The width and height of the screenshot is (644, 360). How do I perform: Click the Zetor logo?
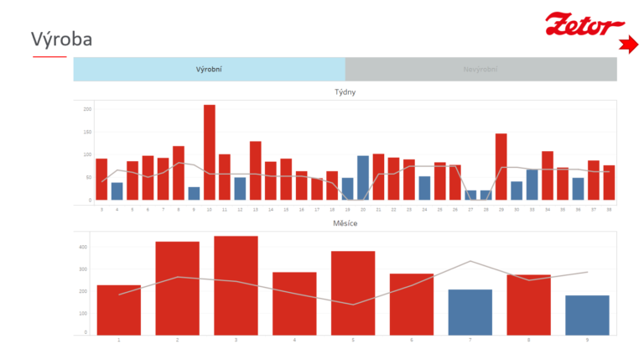(584, 24)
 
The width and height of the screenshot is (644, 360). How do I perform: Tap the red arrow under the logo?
(627, 45)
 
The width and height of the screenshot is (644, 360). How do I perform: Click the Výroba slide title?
(61, 39)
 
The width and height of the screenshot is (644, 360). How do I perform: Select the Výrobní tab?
(209, 69)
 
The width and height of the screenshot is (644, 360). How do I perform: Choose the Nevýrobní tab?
(480, 69)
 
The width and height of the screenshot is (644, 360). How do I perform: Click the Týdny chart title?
(345, 91)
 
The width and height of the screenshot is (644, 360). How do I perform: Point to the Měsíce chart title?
(345, 224)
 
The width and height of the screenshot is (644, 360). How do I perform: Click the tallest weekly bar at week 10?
(209, 152)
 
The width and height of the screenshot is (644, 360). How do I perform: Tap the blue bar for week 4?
(117, 191)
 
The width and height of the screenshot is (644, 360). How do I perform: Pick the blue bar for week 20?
(362, 178)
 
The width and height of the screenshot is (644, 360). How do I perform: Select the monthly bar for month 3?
(236, 284)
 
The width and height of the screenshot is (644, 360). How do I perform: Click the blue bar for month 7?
(470, 311)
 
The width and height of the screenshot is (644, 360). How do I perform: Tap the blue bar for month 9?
(587, 315)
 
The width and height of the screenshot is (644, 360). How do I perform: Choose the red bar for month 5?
(353, 292)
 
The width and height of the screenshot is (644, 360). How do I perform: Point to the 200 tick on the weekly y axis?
(87, 109)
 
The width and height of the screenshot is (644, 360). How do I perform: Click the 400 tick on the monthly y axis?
(83, 247)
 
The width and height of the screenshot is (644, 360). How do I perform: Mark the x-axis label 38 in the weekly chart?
(608, 209)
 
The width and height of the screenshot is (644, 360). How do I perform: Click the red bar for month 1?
(118, 309)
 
